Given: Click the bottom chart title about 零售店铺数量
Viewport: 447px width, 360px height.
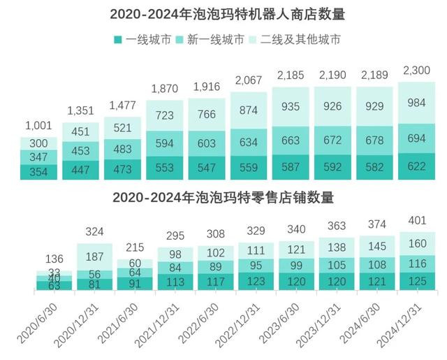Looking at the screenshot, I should click(223, 198).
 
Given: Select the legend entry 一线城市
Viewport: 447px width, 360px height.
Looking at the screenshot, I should click(142, 40).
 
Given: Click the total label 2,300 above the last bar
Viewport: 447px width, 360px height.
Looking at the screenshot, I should click(417, 71).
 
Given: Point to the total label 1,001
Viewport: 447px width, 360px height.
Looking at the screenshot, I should click(38, 126).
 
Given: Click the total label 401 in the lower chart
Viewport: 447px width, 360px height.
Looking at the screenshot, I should click(417, 221).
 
